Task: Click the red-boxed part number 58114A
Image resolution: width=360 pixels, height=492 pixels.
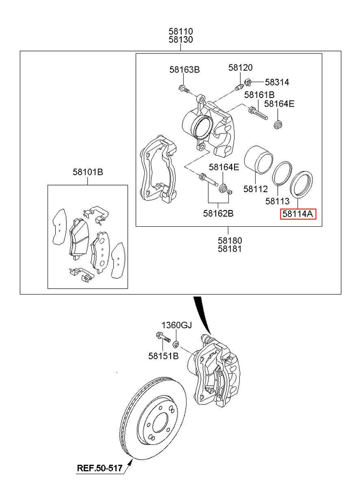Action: tap(298, 214)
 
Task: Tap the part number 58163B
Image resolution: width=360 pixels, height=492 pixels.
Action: tap(184, 70)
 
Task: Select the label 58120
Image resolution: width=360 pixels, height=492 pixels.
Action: tap(240, 68)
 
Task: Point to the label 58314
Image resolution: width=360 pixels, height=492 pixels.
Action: tap(277, 83)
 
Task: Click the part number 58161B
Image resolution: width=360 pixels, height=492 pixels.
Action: tap(259, 95)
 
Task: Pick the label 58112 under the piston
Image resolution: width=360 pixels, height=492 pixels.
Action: tap(255, 189)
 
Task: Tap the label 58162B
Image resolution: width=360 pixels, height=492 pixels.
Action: tap(218, 213)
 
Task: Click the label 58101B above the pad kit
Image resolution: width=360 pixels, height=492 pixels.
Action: tap(88, 172)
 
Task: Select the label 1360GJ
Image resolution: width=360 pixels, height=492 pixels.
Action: tap(176, 325)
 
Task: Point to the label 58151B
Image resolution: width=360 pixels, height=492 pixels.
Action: tap(163, 356)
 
